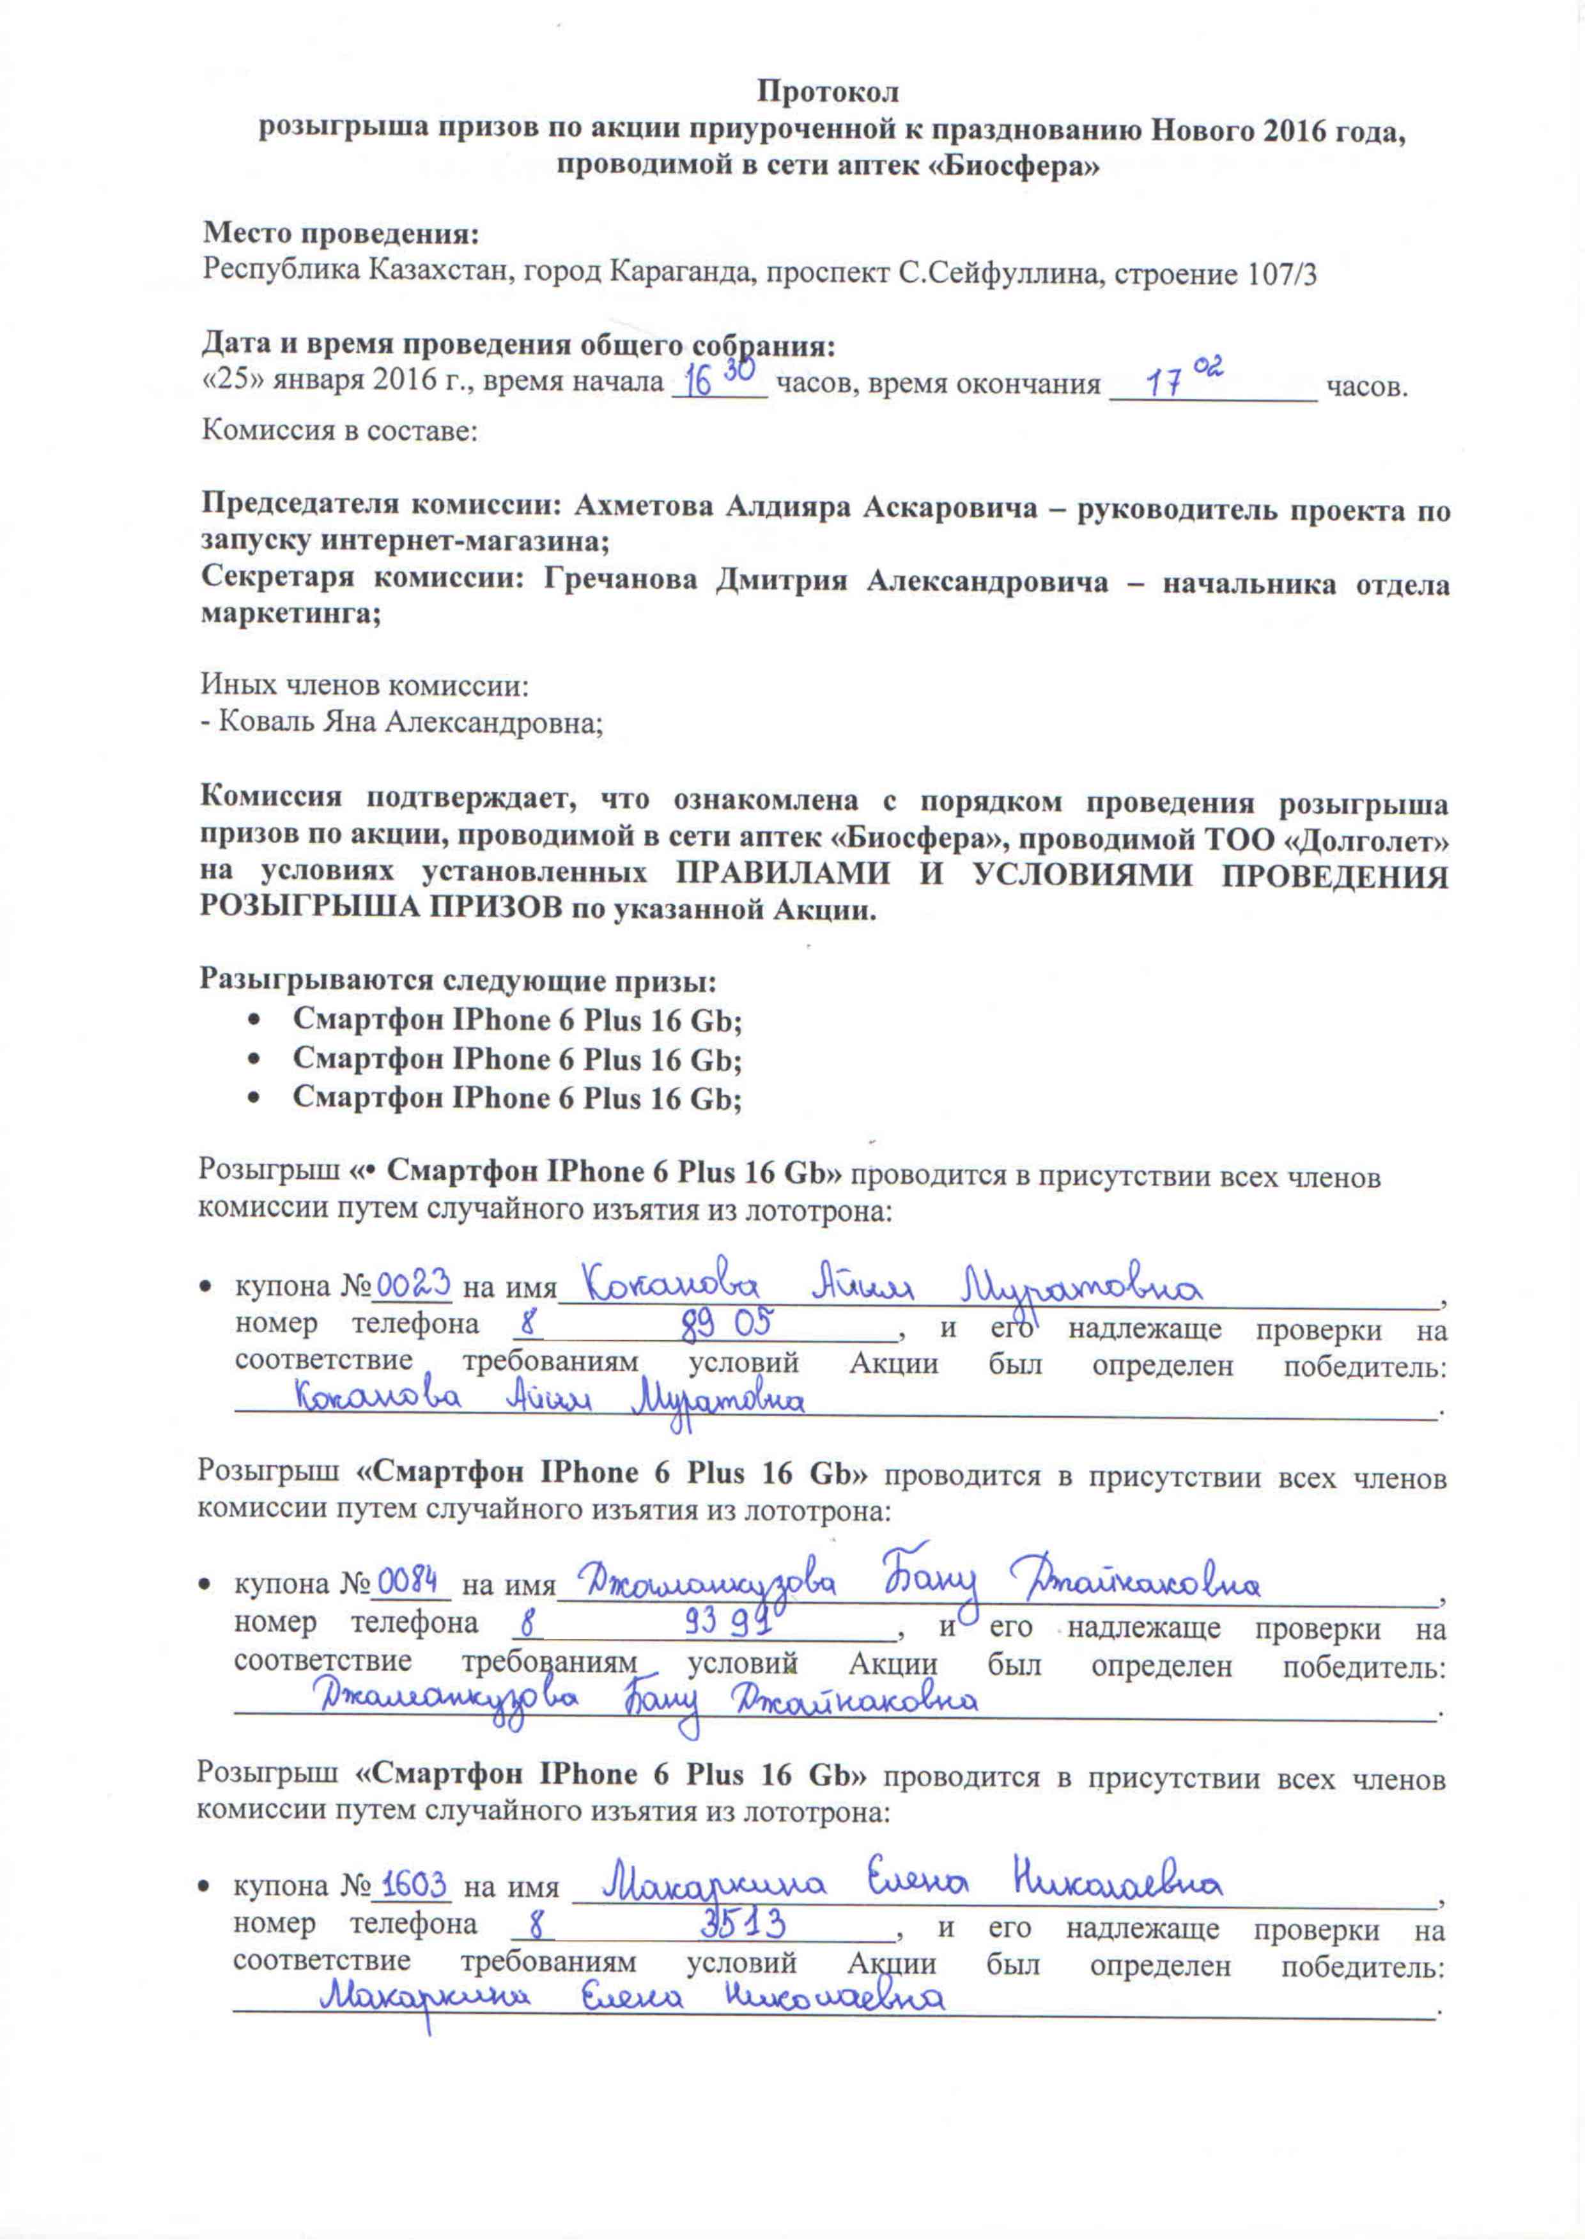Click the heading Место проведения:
341,235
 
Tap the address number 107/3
1278,274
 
